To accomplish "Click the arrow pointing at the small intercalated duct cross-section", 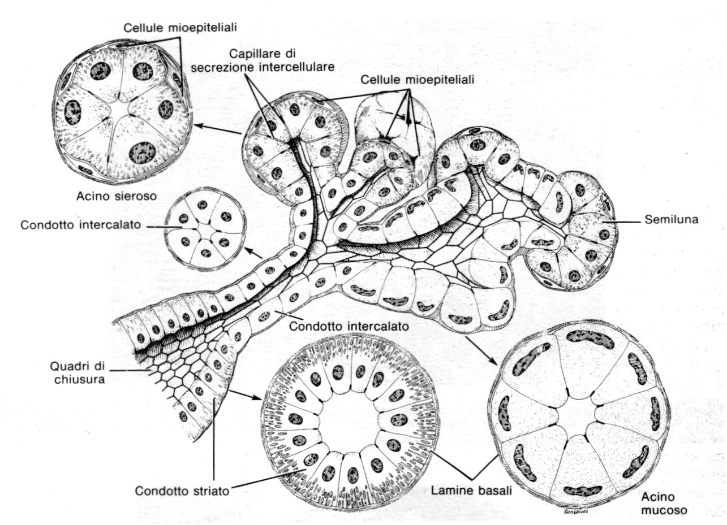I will point(255,255).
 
